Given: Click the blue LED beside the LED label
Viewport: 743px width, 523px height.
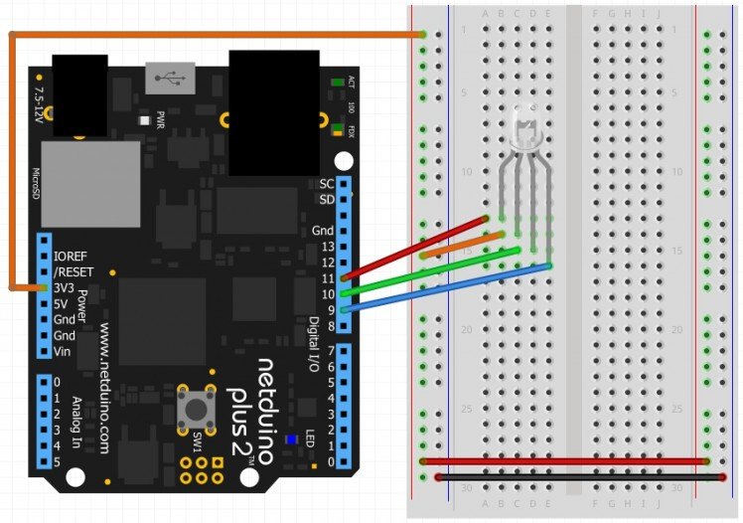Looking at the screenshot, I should click(291, 440).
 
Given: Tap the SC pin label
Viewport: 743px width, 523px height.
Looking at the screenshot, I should click(326, 184).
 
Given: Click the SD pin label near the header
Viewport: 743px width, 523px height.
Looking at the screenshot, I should click(326, 200).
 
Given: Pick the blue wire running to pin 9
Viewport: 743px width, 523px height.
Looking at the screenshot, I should click(447, 287).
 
